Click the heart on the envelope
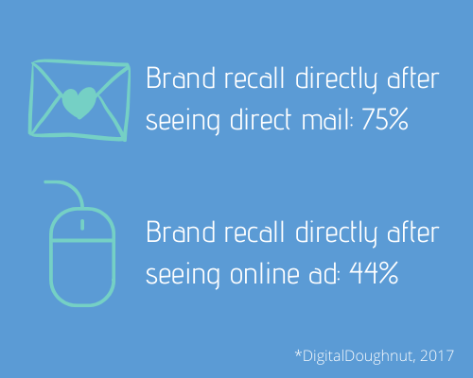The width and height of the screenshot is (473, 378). coord(79,103)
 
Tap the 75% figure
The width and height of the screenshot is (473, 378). coord(385,119)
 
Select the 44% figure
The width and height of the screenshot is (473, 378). coord(374,273)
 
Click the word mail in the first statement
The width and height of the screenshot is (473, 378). coord(327,119)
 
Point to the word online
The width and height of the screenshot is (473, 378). coord(265,273)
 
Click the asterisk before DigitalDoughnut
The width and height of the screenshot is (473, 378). coord(298,352)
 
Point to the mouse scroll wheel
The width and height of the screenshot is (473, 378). coord(82,225)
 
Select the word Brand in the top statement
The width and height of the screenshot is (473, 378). coord(181,77)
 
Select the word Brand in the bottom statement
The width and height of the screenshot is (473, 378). coord(181,232)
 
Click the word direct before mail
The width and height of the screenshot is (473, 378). coord(260,119)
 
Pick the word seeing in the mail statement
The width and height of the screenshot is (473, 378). coord(183,121)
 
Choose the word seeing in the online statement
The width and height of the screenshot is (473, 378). coord(183,275)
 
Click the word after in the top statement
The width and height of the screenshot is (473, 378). coord(413,77)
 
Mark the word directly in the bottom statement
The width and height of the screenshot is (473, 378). coord(336,234)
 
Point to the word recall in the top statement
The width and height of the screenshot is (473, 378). coord(254,77)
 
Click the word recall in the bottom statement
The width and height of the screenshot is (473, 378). coord(254,232)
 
